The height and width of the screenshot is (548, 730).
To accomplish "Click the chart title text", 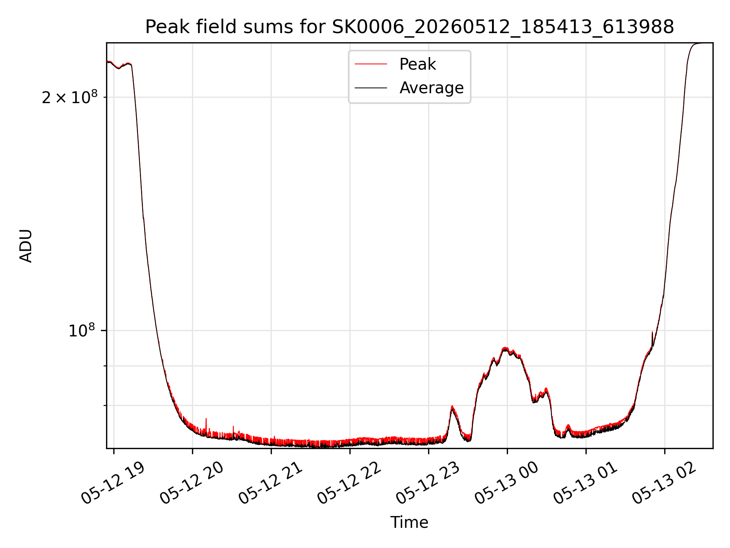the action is (409, 27).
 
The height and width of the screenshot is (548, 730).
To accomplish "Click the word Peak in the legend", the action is (417, 64).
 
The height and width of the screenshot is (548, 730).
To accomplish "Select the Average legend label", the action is (432, 88).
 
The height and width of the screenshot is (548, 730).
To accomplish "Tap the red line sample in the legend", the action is (371, 64).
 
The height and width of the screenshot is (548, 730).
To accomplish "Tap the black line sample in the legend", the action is (371, 88).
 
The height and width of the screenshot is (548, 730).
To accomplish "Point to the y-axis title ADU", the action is (26, 246).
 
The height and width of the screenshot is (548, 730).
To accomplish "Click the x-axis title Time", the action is (409, 523).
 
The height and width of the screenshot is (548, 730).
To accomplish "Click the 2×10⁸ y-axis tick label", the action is (70, 98).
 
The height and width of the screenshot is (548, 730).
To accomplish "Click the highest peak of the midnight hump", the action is (505, 348).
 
